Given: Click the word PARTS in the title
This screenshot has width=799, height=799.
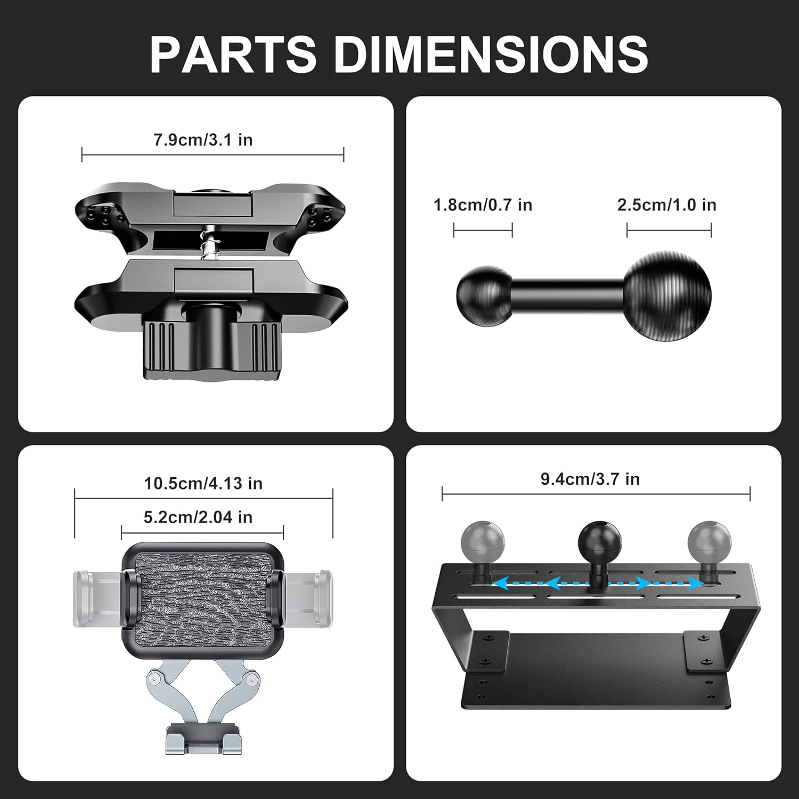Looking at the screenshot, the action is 233,54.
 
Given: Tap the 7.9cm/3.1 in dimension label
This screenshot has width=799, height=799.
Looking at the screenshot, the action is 203,140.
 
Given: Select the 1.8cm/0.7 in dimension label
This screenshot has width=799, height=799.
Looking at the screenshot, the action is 483,205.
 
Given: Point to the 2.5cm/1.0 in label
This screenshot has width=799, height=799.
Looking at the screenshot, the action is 666,205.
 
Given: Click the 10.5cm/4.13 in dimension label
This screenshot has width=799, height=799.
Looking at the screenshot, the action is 203,483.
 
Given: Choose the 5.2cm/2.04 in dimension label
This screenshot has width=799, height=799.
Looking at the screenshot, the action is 198,517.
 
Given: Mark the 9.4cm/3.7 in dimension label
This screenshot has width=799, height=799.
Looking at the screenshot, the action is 590,479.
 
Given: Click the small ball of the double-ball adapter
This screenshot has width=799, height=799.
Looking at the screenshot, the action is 484,295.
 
